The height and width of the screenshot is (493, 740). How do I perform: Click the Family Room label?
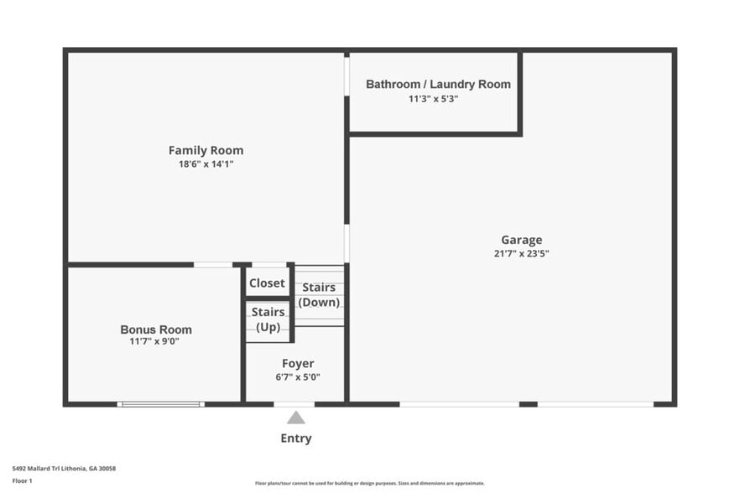[206, 150]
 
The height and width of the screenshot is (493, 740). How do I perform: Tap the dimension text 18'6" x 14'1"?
[206, 164]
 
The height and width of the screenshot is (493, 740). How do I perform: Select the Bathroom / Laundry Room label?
[438, 84]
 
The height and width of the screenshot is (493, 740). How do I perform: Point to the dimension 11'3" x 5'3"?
[433, 98]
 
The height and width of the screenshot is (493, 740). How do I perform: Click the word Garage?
[521, 240]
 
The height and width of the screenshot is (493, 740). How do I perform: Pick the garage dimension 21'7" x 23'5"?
[521, 253]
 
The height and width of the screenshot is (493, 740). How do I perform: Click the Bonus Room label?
[156, 330]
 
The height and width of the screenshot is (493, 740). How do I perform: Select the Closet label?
[267, 283]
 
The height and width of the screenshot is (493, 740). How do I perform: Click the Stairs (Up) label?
[268, 319]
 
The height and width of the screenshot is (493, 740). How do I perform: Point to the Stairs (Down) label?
[319, 294]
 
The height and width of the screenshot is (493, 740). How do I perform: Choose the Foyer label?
[298, 363]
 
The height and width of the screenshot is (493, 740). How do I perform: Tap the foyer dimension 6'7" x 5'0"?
[298, 376]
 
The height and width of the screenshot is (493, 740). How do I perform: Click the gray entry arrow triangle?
[295, 418]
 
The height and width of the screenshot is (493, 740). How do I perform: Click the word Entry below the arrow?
[295, 438]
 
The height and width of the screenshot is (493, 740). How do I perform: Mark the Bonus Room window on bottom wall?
[160, 404]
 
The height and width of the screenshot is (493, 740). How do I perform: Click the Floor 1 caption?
[22, 480]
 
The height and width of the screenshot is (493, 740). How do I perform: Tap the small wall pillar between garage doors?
[528, 404]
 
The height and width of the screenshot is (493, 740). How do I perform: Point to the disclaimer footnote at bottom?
[369, 483]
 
